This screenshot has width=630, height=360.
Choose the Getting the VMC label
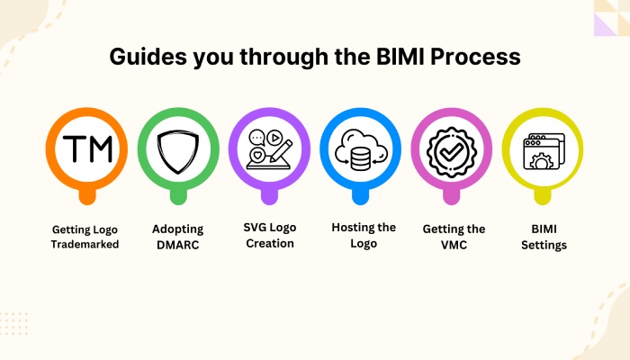pyautogui.click(x=454, y=237)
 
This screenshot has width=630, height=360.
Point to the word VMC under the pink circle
pyautogui.click(x=454, y=245)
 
